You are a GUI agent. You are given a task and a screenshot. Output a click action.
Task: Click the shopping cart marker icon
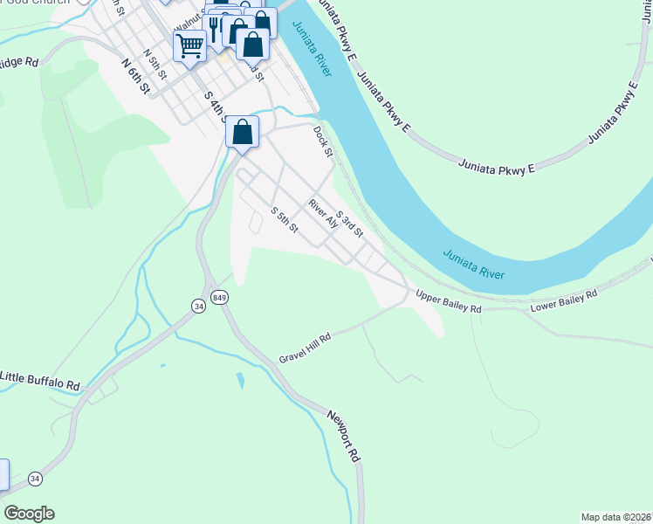click(x=189, y=45)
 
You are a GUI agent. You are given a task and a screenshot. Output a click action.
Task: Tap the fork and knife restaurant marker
click(x=214, y=26)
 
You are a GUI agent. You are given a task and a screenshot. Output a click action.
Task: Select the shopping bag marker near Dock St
click(x=243, y=133)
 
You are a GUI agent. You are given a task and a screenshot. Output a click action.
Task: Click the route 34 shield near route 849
click(x=198, y=306)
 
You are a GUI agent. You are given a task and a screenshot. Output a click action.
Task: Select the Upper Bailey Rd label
click(x=448, y=302)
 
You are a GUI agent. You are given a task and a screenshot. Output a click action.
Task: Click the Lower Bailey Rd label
click(x=564, y=301)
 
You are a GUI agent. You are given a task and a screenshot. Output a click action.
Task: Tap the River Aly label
click(x=323, y=213)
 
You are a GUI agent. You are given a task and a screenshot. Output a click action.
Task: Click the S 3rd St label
click(x=349, y=222)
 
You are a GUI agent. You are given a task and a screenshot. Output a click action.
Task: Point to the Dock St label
click(x=323, y=141)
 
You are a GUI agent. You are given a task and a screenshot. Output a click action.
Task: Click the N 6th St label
click(x=137, y=76)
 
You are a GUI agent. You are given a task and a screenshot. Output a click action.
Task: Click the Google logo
click(x=29, y=514)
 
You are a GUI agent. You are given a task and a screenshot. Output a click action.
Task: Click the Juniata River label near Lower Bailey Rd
click(x=473, y=265)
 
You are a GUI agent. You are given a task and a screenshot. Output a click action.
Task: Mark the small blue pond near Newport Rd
click(x=239, y=382)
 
